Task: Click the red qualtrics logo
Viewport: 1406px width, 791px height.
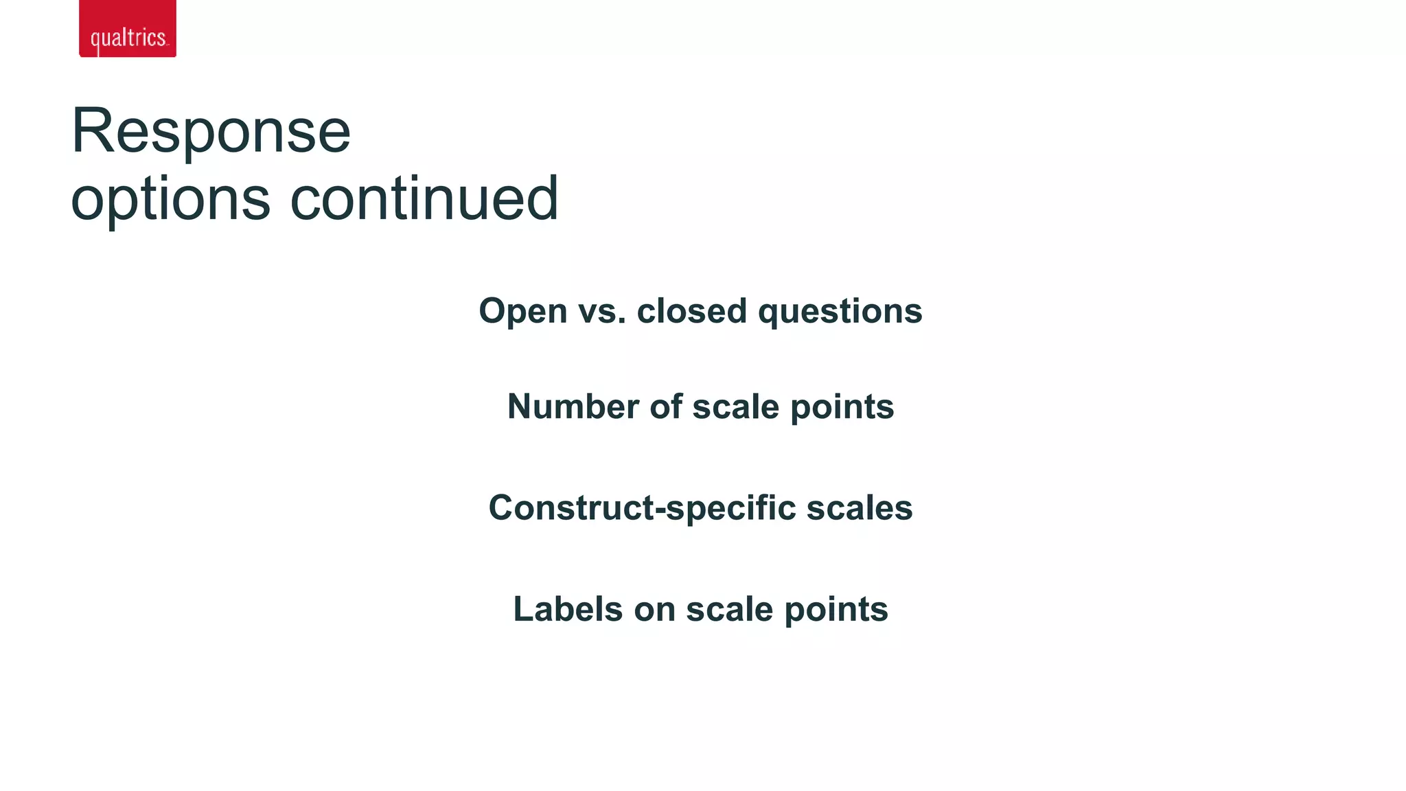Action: click(x=128, y=28)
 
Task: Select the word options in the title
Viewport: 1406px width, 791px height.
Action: click(x=170, y=199)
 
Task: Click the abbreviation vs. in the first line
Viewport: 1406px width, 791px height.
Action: click(x=602, y=312)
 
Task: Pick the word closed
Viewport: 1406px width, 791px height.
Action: click(x=691, y=311)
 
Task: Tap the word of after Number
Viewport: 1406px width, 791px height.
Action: click(x=666, y=406)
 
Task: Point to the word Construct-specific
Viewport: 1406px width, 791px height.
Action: click(x=641, y=509)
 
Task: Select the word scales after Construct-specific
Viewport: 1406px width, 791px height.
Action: click(x=859, y=508)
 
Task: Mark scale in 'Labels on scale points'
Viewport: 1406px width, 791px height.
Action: click(x=729, y=609)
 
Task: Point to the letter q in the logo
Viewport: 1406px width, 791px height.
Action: click(x=95, y=40)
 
